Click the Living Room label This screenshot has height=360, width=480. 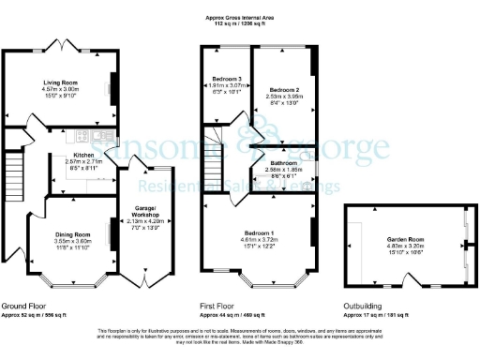[58, 82]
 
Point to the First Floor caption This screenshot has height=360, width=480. [218, 307]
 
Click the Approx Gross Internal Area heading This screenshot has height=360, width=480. [240, 17]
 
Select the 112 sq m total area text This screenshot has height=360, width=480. [240, 23]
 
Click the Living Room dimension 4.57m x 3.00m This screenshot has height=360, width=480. [58, 89]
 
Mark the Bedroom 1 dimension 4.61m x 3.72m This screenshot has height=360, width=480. [259, 239]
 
